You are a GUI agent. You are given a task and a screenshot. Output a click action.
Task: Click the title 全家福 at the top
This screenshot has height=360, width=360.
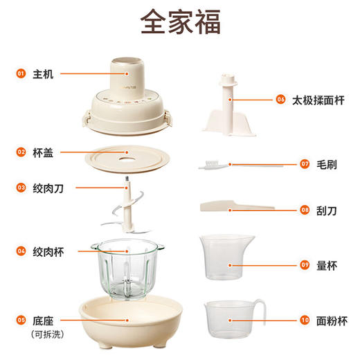click(180, 21)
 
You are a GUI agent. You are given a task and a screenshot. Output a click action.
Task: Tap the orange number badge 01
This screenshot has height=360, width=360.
click(20, 73)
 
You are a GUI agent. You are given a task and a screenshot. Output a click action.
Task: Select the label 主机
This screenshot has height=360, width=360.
click(43, 73)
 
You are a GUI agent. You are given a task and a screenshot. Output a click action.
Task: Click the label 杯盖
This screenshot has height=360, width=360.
click(43, 151)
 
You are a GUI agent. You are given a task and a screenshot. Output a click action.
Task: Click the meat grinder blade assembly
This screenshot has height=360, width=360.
click(127, 208)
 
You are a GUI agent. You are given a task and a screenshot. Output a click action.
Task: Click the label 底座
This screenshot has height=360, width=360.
click(43, 321)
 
